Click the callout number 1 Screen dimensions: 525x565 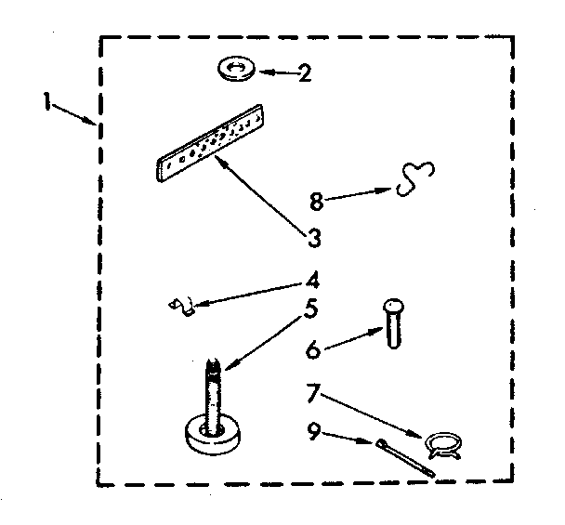coord(46,101)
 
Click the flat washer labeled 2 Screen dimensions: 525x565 coord(236,69)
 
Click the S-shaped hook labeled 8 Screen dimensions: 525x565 coord(415,180)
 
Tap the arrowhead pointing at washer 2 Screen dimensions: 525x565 coord(262,71)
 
